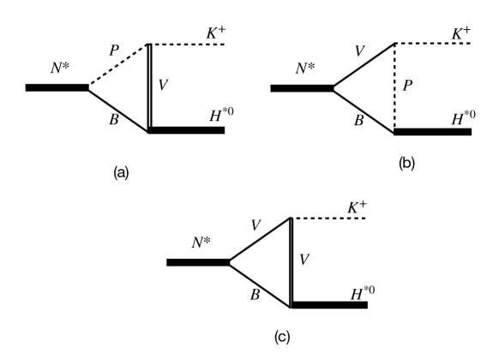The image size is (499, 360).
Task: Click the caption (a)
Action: click(121, 172)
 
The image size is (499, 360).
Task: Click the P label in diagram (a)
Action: click(113, 51)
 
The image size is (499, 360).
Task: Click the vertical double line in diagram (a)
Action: click(149, 87)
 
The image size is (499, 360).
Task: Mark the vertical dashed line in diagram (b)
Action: click(394, 87)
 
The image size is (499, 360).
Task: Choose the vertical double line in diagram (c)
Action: click(292, 261)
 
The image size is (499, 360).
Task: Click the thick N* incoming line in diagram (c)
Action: click(197, 261)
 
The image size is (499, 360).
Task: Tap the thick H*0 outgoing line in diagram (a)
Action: click(187, 130)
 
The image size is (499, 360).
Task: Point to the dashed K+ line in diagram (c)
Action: click(329, 219)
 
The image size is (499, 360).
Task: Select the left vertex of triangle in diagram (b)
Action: click(333, 87)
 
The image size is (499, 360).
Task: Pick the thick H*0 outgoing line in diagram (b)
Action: click(432, 132)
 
